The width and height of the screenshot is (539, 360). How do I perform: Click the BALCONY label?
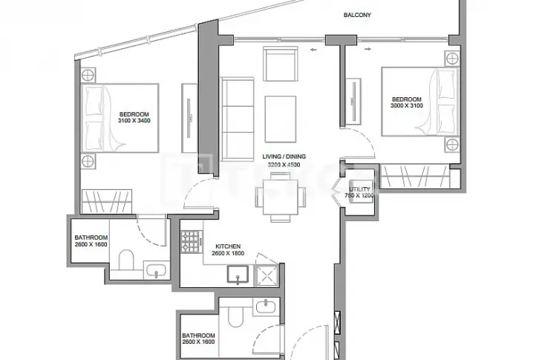[x=357, y=15]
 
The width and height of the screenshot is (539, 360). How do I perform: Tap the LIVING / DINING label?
[x=284, y=157]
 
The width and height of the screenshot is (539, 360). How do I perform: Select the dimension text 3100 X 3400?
[x=134, y=121]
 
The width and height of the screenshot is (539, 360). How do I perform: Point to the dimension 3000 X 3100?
[x=407, y=106]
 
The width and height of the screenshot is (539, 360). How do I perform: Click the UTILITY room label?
[x=359, y=189]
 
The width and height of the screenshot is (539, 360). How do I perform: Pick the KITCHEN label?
[x=228, y=246]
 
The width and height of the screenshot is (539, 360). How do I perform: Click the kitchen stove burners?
[x=191, y=242]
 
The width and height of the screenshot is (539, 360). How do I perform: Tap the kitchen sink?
[x=238, y=274]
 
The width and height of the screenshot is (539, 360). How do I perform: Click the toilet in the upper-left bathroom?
[x=126, y=260]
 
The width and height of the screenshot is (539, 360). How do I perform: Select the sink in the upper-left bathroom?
[x=157, y=270]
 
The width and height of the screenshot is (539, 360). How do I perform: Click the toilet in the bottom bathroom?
[x=235, y=316]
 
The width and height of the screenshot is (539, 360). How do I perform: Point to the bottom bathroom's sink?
[x=266, y=306]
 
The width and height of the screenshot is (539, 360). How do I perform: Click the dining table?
[x=280, y=197]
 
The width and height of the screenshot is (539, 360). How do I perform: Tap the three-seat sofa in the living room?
[x=238, y=119]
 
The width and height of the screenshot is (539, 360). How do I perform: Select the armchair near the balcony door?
[x=280, y=64]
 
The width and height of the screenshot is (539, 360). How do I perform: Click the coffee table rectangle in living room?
[x=281, y=119]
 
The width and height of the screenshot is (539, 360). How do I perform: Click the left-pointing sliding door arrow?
[x=313, y=50]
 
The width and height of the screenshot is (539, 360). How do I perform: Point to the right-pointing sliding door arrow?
[x=367, y=49]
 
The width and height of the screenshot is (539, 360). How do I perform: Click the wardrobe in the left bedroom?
[x=107, y=202]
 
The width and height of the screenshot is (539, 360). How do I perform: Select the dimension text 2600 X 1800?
[x=228, y=253]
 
